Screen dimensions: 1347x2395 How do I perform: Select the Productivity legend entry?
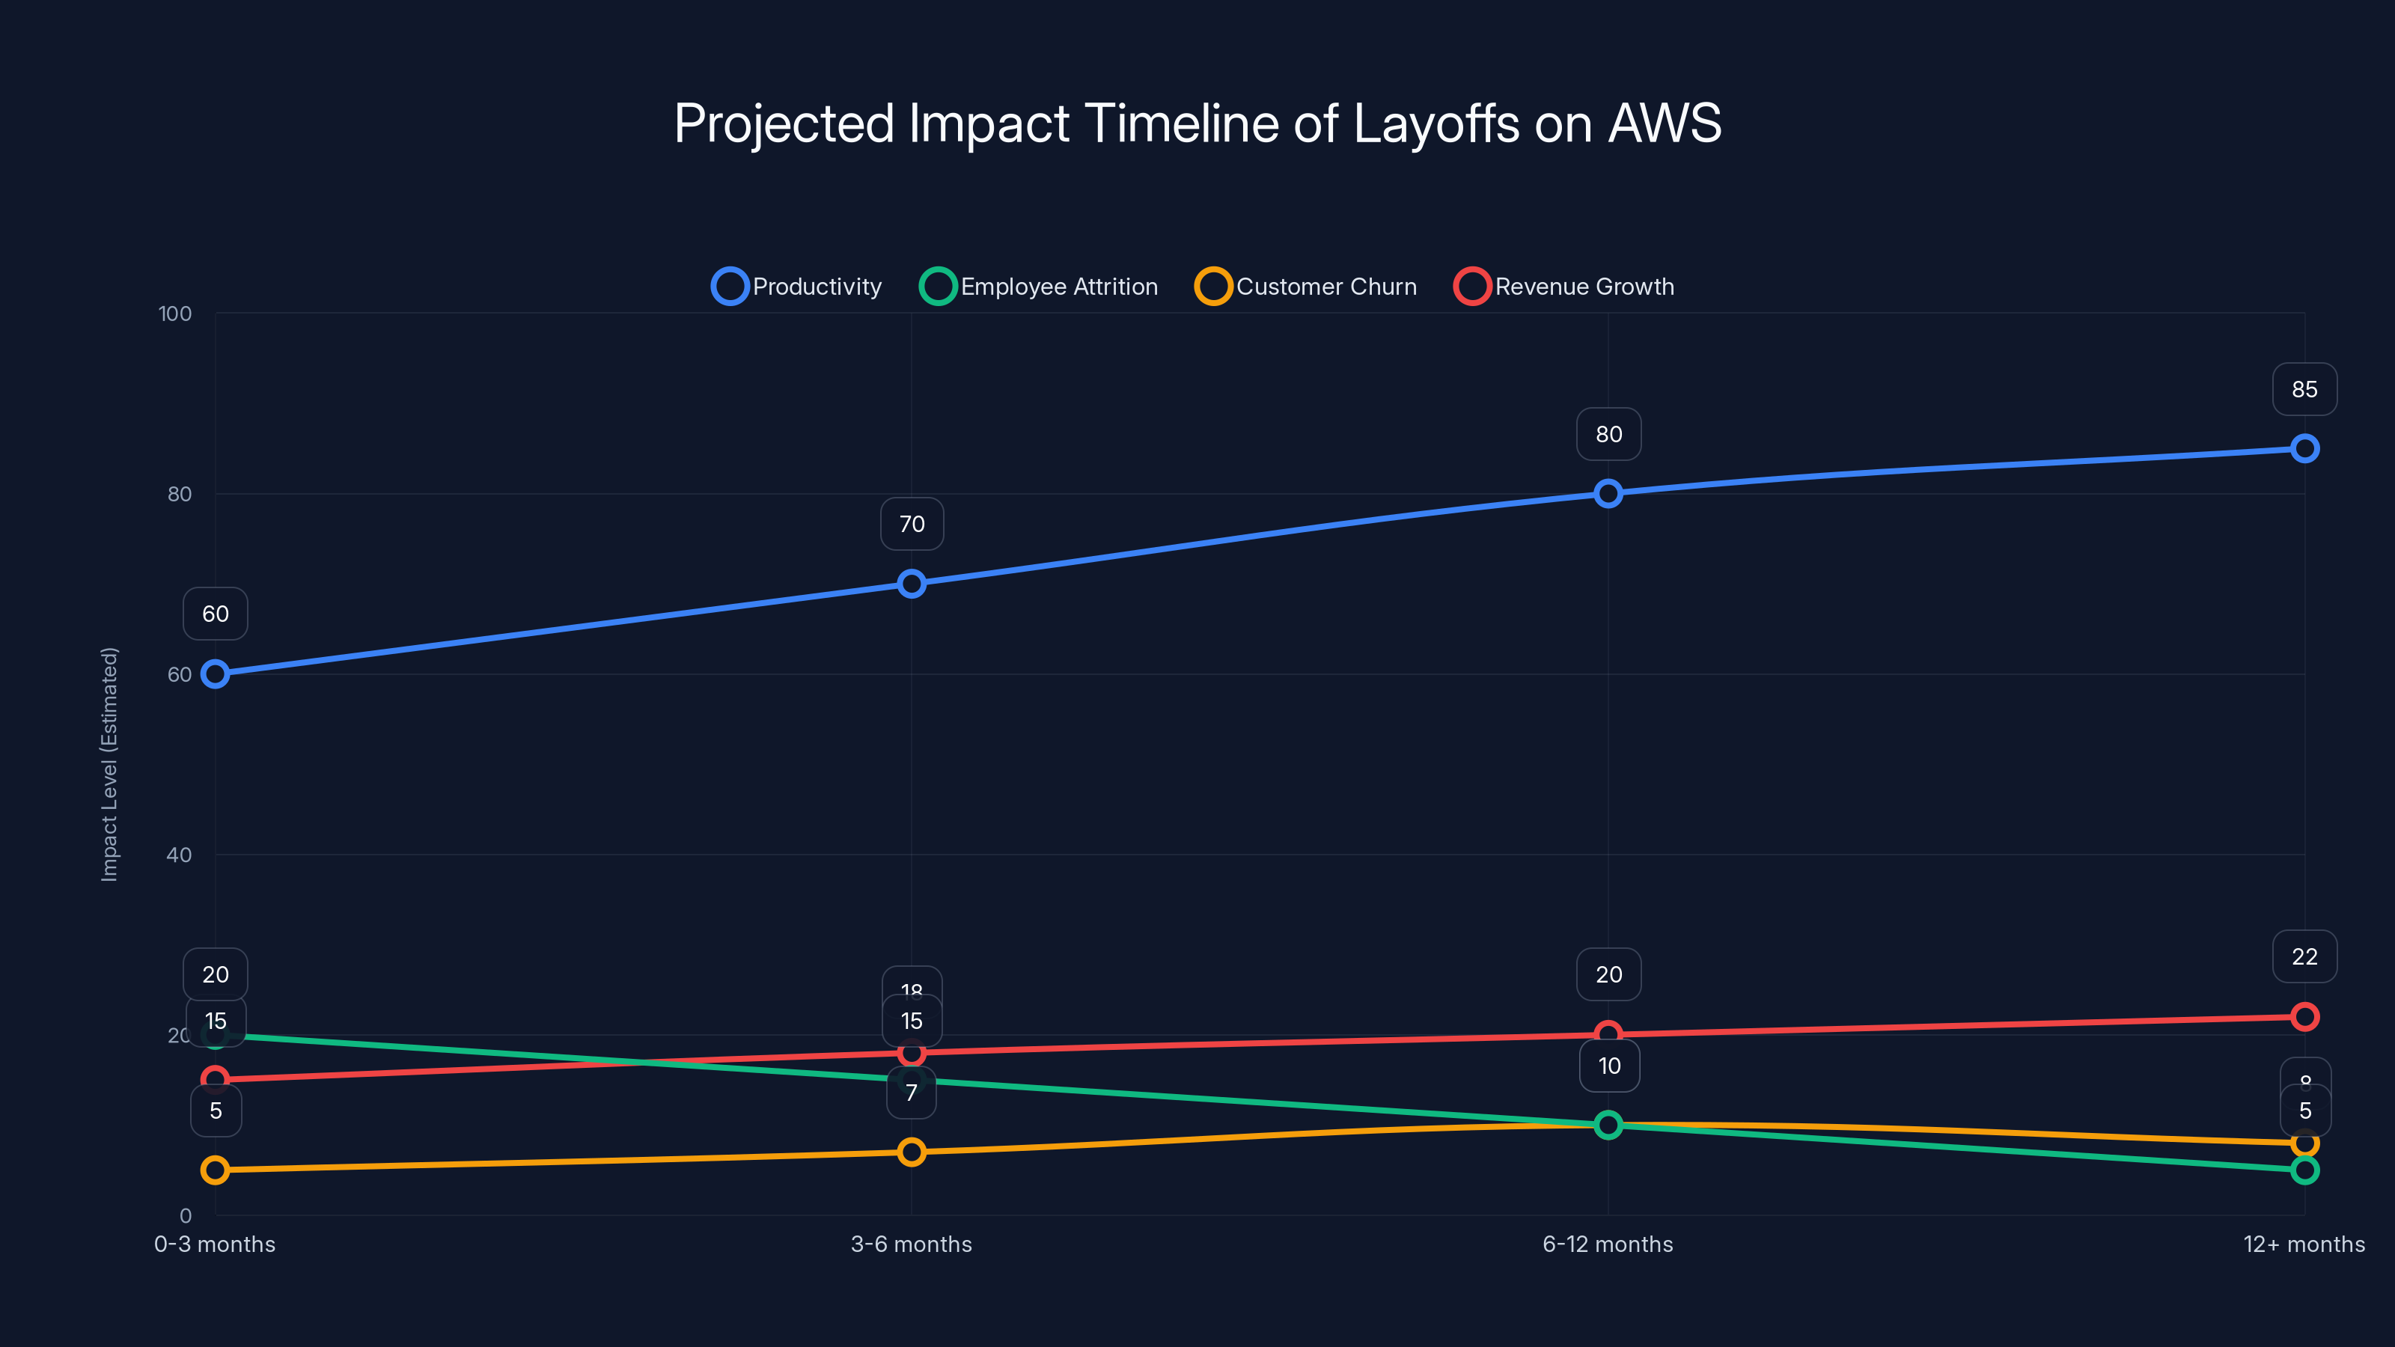click(x=797, y=287)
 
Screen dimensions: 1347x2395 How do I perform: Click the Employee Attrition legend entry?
click(x=1039, y=287)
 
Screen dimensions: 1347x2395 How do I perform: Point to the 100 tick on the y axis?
click(x=175, y=314)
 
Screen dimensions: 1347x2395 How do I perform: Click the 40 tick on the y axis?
click(x=179, y=855)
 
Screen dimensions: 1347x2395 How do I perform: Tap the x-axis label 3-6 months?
click(x=911, y=1244)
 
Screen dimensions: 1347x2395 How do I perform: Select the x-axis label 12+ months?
click(x=2303, y=1244)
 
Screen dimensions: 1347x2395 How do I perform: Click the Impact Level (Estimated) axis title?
click(x=110, y=764)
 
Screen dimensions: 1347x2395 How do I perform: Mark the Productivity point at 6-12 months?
click(x=1608, y=494)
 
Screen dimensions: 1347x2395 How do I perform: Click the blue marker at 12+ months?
click(x=2304, y=449)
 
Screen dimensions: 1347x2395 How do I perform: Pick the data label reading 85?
click(x=2304, y=389)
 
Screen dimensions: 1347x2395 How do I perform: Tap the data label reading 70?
click(x=911, y=525)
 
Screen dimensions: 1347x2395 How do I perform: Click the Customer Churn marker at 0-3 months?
click(x=215, y=1170)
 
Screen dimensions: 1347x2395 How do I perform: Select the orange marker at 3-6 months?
click(x=911, y=1152)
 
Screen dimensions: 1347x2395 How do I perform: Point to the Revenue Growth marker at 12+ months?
click(x=2304, y=1017)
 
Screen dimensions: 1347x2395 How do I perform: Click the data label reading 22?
click(x=2304, y=956)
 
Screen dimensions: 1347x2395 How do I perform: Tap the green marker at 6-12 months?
click(x=1608, y=1125)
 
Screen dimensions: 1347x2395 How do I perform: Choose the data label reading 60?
click(x=215, y=614)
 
